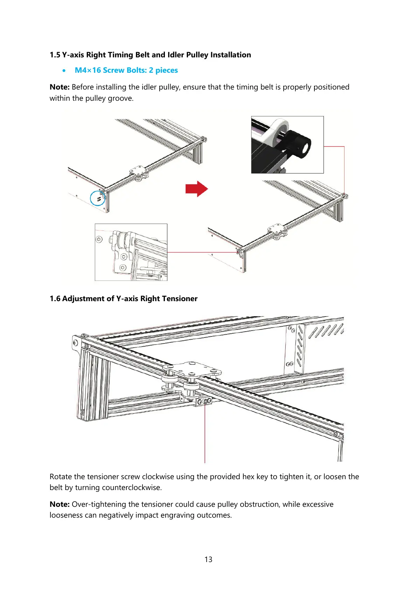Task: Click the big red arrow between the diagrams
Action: pyautogui.click(x=196, y=189)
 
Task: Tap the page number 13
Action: pyautogui.click(x=208, y=559)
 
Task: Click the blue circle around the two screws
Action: pyautogui.click(x=98, y=198)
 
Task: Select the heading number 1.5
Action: pyautogui.click(x=55, y=55)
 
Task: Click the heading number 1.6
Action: pyautogui.click(x=55, y=299)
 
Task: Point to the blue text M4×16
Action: pyautogui.click(x=88, y=70)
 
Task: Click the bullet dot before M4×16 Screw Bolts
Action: pyautogui.click(x=63, y=71)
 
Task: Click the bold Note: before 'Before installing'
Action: pyautogui.click(x=60, y=87)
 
